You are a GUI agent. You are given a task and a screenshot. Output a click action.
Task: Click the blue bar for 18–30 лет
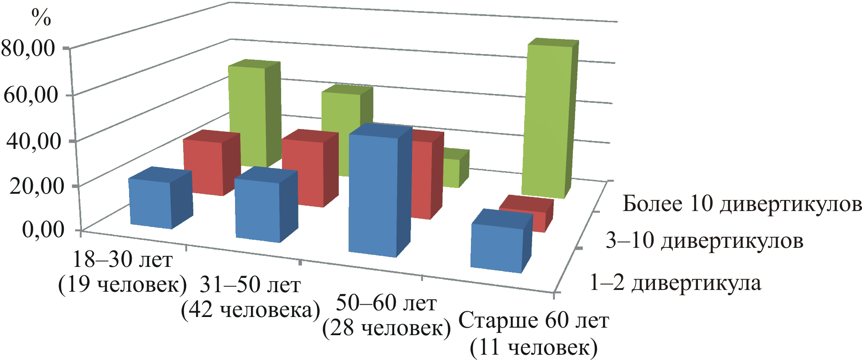coord(151,204)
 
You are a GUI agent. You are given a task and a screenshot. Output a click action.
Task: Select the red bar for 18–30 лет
coord(204,166)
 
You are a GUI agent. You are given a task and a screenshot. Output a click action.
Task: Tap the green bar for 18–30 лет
coord(247,115)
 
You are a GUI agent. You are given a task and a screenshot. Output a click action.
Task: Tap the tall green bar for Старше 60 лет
coord(546,120)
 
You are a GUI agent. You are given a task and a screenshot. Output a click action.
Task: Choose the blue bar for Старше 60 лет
coord(497,246)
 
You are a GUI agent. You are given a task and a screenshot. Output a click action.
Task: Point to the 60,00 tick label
coord(31,94)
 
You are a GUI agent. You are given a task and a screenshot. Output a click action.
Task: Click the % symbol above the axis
coord(41,18)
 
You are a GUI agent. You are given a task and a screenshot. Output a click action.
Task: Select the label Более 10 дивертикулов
coord(742,203)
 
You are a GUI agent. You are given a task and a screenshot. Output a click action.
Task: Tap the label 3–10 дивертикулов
coord(704,241)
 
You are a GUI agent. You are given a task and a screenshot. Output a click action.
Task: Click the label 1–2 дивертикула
coord(675,282)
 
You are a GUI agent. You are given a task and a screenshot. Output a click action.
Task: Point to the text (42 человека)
coord(250,310)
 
